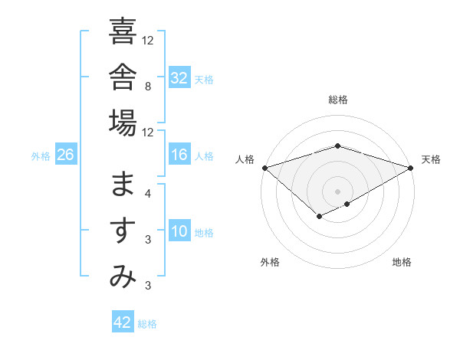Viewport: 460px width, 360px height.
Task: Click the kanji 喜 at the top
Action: point(123,31)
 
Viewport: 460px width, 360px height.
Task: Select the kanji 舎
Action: point(123,77)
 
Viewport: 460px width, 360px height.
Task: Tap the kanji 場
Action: point(123,123)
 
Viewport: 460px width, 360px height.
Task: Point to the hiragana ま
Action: point(123,184)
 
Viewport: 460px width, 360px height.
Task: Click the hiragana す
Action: point(123,230)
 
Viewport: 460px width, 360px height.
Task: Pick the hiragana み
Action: point(123,276)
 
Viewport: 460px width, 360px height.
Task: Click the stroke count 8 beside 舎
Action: point(148,87)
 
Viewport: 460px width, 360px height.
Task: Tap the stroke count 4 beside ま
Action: point(148,194)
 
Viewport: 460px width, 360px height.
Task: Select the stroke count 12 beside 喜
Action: point(147,41)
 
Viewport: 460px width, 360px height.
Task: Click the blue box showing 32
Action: point(179,77)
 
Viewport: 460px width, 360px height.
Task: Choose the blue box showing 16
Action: point(179,153)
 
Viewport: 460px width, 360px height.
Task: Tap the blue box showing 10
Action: point(179,230)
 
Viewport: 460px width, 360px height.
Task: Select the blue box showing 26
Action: point(66,153)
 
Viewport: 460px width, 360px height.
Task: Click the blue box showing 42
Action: point(123,321)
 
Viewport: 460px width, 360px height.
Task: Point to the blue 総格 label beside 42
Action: point(147,324)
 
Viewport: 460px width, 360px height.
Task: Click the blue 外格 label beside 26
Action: point(41,156)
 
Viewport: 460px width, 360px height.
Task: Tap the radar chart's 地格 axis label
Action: point(402,262)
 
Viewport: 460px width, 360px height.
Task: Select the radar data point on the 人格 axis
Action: point(265,168)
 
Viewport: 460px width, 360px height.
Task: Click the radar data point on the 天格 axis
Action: point(411,168)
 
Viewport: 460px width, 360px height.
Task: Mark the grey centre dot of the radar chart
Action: point(337,191)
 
